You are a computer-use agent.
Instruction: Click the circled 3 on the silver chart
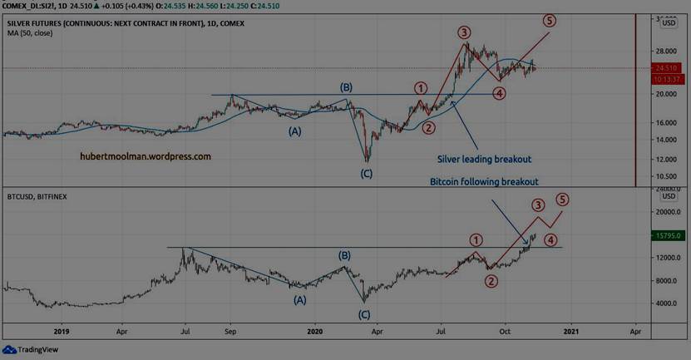(463, 32)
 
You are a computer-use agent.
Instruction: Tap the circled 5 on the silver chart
(550, 19)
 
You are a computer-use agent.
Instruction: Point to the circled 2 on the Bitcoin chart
(491, 281)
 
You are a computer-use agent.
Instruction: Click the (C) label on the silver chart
(366, 173)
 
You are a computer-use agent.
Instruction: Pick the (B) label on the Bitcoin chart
(344, 256)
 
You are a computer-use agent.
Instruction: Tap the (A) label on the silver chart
(295, 131)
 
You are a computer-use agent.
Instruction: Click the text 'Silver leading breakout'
(484, 159)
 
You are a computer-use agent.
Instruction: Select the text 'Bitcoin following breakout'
(484, 181)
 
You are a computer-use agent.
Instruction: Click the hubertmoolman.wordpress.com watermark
(146, 155)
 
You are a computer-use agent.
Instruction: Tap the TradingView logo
(24, 350)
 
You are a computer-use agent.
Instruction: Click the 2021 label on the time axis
(570, 329)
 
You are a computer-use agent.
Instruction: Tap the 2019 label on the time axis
(57, 329)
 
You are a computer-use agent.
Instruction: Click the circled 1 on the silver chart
(422, 88)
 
